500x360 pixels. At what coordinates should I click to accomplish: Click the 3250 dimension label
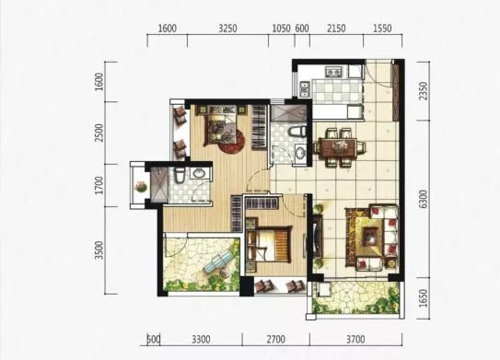pyautogui.click(x=227, y=29)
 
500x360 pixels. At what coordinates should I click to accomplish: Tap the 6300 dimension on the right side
pyautogui.click(x=423, y=199)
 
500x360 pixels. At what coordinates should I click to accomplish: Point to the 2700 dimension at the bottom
pyautogui.click(x=276, y=339)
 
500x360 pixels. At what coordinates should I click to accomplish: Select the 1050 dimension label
pyautogui.click(x=281, y=29)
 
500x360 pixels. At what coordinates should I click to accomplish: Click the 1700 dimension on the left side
pyautogui.click(x=99, y=186)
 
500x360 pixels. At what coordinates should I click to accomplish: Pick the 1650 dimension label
pyautogui.click(x=423, y=298)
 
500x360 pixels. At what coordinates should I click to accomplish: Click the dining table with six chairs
pyautogui.click(x=340, y=147)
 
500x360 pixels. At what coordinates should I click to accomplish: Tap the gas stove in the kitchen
pyautogui.click(x=333, y=73)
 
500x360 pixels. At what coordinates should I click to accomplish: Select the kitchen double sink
pyautogui.click(x=305, y=88)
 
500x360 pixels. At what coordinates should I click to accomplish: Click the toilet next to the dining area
pyautogui.click(x=297, y=132)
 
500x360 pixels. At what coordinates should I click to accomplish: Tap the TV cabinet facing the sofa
pyautogui.click(x=318, y=237)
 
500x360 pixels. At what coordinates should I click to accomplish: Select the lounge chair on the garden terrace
pyautogui.click(x=218, y=261)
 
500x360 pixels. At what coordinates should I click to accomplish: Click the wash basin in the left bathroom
pyautogui.click(x=200, y=174)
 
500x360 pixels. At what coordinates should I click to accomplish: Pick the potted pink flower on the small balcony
pyautogui.click(x=140, y=186)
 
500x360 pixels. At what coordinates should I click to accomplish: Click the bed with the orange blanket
pyautogui.click(x=273, y=244)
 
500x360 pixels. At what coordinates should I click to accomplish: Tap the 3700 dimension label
pyautogui.click(x=355, y=339)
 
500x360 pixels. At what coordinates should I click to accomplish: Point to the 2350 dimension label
pyautogui.click(x=423, y=91)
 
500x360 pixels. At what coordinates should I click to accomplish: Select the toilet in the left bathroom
pyautogui.click(x=179, y=176)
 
